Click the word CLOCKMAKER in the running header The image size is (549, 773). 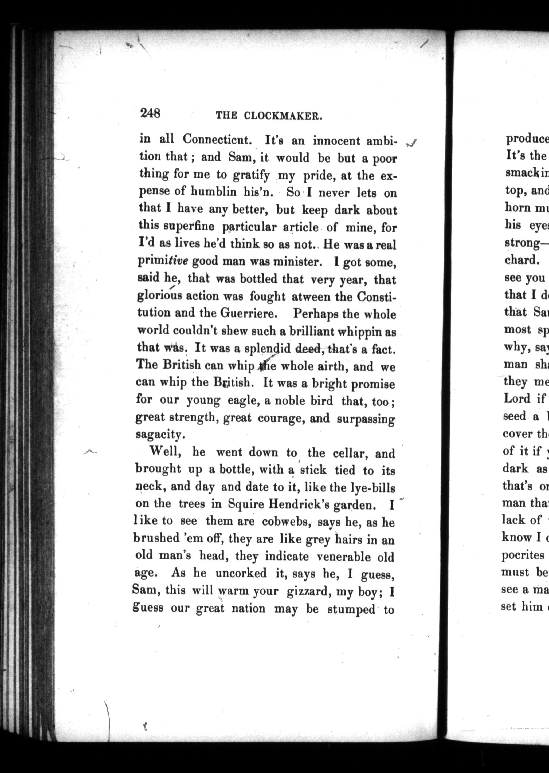282,116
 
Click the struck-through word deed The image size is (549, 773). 308,348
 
